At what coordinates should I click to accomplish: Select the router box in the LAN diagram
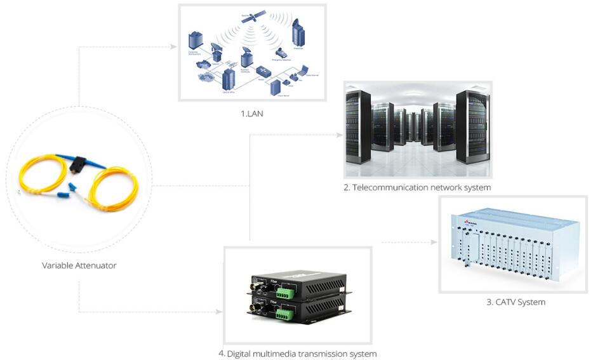click(x=263, y=71)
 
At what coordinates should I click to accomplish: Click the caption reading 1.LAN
click(x=252, y=114)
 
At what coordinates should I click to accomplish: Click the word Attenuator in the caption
click(x=96, y=265)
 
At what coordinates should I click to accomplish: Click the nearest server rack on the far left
click(x=359, y=128)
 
